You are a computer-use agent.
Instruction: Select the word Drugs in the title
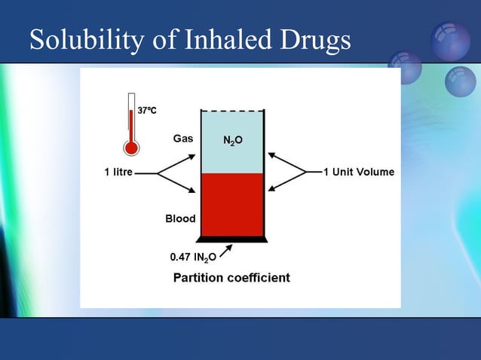[316, 41]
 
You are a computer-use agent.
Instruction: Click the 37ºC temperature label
[146, 111]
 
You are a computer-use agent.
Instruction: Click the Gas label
[183, 139]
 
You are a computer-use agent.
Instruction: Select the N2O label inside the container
[232, 141]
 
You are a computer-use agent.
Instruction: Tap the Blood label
[180, 218]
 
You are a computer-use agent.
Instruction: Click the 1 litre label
[118, 172]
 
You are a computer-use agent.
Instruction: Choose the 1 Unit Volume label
[358, 172]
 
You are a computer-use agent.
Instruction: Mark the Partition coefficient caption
[231, 278]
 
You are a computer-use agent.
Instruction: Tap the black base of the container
[232, 239]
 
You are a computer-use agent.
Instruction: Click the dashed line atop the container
[232, 111]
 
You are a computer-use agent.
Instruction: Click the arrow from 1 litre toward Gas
[178, 163]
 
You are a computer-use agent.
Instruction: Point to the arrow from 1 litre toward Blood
[178, 183]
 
